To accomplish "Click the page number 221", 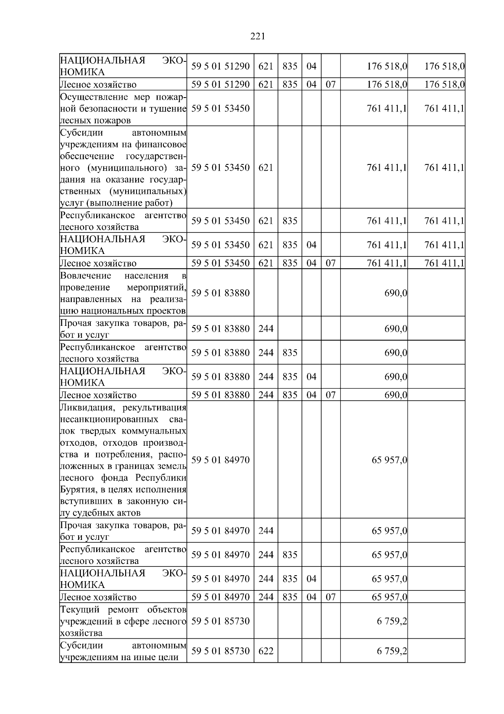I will (x=257, y=37).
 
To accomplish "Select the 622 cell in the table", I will (x=265, y=651).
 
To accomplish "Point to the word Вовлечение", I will (x=85, y=276).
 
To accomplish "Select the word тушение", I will (x=171, y=109).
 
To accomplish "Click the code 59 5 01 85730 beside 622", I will (x=220, y=651).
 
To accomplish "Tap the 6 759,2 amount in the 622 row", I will (x=392, y=651).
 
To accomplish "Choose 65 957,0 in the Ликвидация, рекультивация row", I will (x=389, y=460).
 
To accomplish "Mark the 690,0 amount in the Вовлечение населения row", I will (x=396, y=293).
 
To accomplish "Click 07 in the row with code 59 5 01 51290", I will (x=331, y=85).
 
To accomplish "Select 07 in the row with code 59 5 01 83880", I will (x=331, y=395).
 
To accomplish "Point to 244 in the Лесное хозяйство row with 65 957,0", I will (x=265, y=597).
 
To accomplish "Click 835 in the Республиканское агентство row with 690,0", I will (x=290, y=353).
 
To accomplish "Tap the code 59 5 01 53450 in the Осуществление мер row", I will (x=220, y=109).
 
